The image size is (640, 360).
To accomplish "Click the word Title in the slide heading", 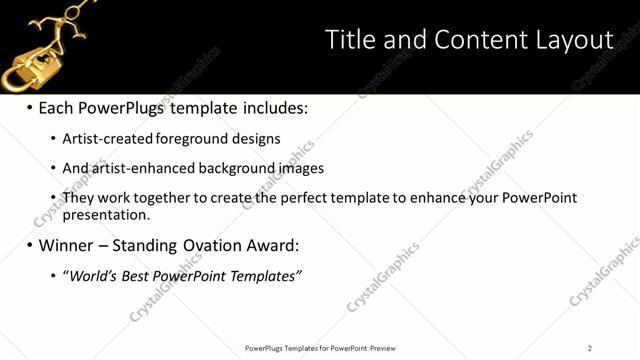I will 350,40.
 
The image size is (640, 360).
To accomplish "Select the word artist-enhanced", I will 141,169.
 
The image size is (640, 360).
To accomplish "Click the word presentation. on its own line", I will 106,214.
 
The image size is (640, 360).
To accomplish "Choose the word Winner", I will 69,245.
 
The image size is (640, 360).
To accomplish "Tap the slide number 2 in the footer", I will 590,348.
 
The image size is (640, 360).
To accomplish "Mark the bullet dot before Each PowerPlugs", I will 30,108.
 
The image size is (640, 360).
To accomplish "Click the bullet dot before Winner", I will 30,245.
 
